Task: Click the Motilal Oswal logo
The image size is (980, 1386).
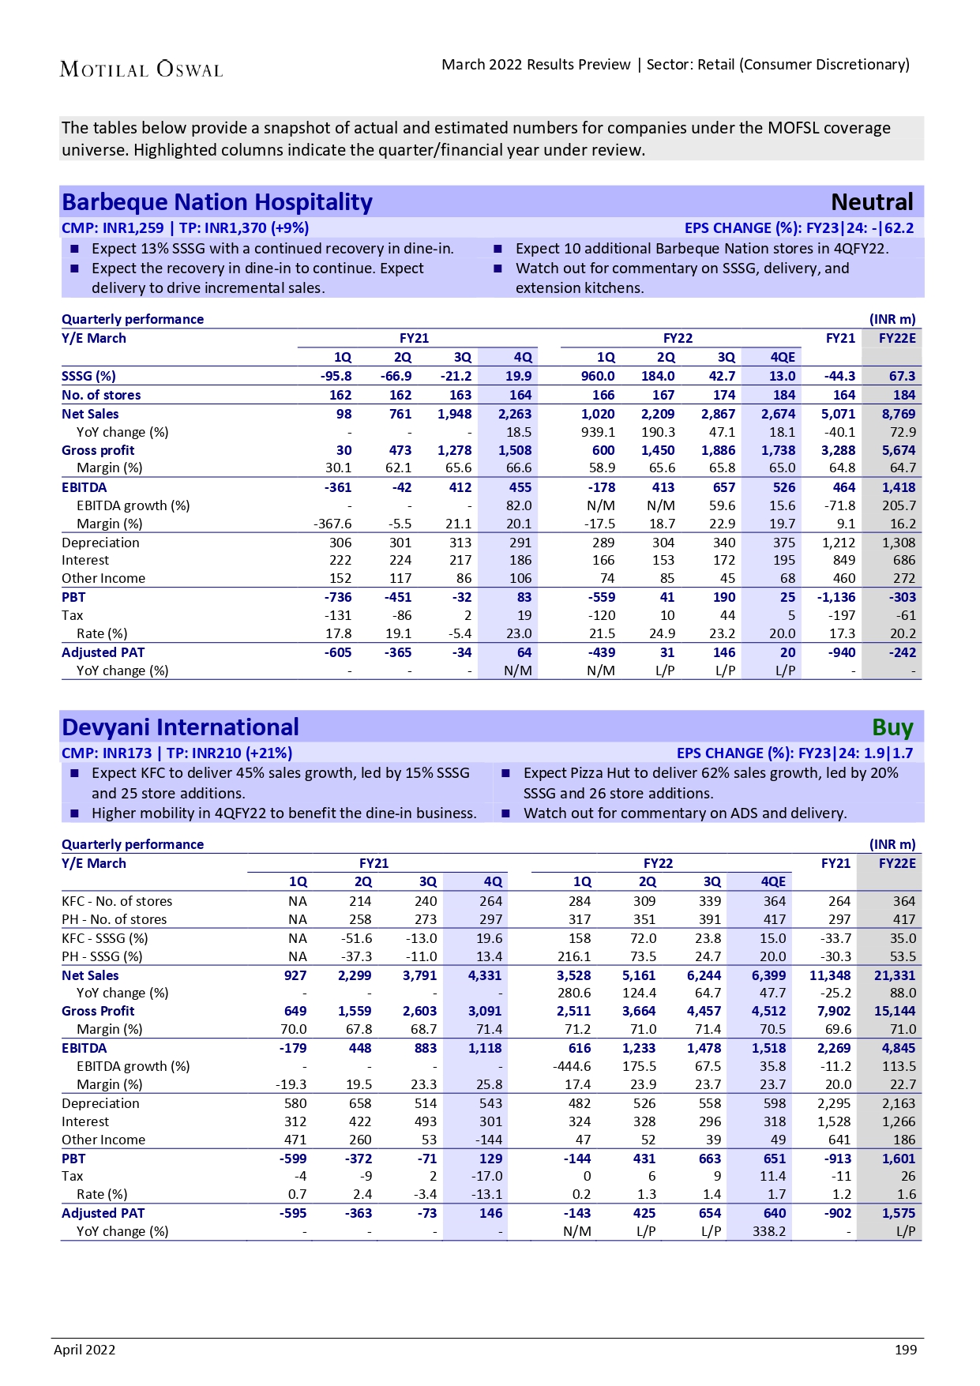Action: click(141, 69)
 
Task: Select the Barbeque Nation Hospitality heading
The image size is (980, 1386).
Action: click(217, 202)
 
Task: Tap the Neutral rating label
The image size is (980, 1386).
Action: click(872, 202)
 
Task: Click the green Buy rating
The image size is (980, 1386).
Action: click(892, 727)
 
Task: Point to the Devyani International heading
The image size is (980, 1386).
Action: click(181, 727)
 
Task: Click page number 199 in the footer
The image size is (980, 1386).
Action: click(906, 1350)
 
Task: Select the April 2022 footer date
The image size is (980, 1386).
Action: click(84, 1350)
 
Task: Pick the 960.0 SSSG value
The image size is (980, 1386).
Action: click(598, 376)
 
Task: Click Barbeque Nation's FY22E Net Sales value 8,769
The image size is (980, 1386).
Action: click(899, 414)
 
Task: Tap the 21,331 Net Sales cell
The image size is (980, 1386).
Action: click(895, 975)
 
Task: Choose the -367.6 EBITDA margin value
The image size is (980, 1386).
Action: click(332, 524)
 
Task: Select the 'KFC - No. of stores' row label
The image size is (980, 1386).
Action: click(117, 901)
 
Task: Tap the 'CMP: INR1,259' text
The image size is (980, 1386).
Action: click(112, 228)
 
